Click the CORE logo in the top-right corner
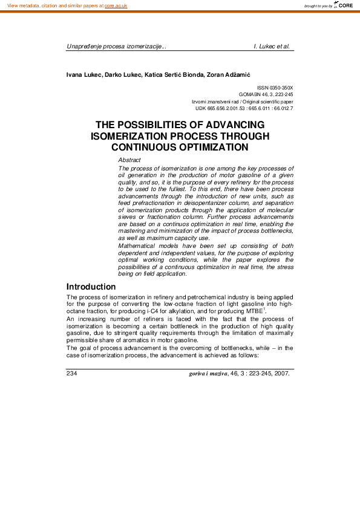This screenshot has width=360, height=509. (345, 5)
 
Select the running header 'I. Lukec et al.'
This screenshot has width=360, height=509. (272, 46)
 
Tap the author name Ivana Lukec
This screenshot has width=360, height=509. (83, 74)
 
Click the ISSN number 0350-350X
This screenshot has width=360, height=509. (281, 88)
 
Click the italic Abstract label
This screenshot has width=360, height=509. (129, 160)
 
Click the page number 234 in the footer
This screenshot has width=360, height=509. (72, 373)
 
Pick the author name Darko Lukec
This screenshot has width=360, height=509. (121, 74)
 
